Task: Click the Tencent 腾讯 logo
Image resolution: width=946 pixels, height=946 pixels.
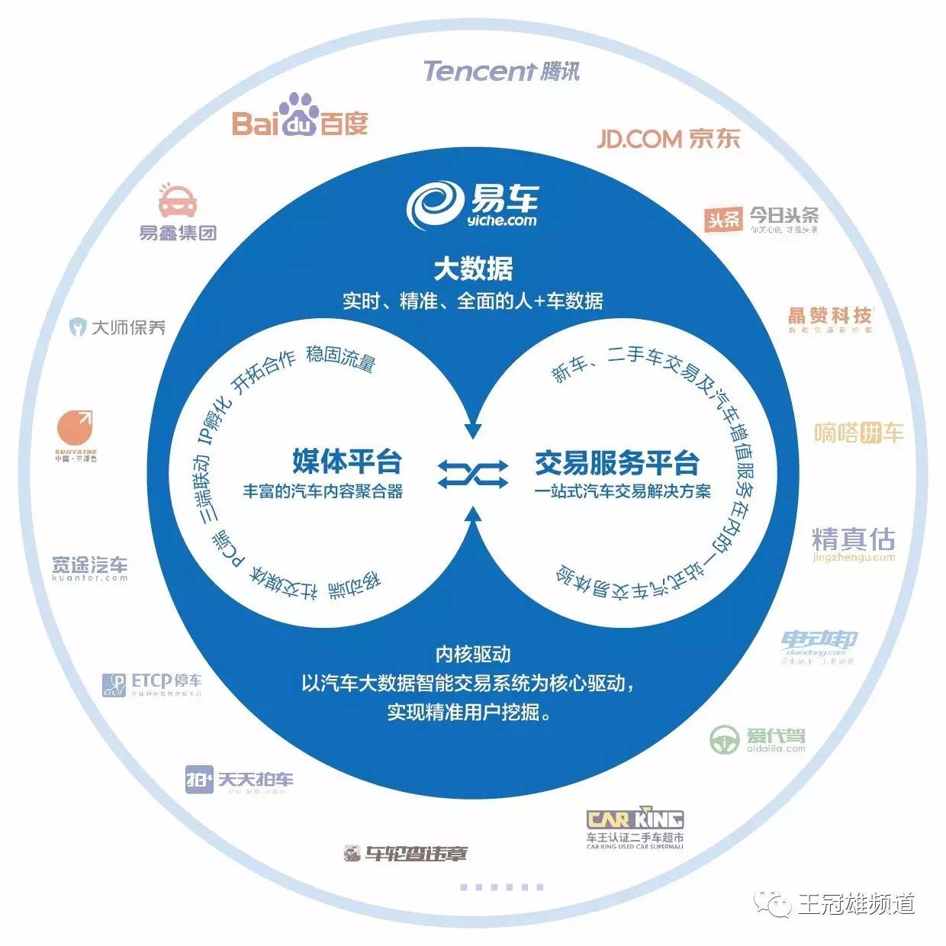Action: coord(501,71)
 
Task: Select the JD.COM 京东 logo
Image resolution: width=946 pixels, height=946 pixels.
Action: coord(668,138)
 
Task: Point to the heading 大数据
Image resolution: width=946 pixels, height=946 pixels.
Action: coord(473,269)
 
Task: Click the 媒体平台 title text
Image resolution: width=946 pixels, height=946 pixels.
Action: coord(347,462)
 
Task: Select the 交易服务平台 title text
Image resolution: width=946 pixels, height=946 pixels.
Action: coord(616,463)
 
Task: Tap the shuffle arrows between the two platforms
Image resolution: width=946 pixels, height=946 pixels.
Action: coord(473,474)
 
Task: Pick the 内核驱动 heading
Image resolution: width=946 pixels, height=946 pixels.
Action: coord(473,654)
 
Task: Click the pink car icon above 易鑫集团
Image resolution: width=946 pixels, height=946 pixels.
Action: coord(178,201)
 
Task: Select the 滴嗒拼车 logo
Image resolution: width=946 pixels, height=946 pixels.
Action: coord(858,433)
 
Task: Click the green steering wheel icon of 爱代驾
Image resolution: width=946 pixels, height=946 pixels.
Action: coord(725,738)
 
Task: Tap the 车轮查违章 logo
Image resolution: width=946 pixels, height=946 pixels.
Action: coord(405,854)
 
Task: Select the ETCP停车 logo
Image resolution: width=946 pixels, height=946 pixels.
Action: coord(153,684)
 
